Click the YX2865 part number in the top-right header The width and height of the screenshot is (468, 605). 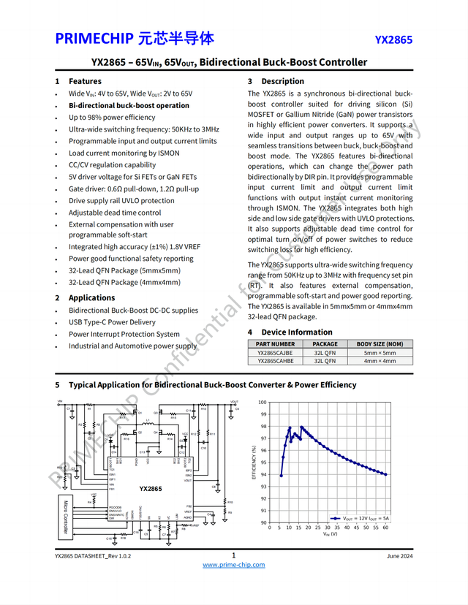393,39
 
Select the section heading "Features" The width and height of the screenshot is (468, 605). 85,81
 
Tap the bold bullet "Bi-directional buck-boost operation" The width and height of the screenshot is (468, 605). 129,105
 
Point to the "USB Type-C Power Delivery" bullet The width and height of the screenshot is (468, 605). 112,322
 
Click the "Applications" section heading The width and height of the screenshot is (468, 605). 91,297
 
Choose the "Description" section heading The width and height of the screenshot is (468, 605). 282,81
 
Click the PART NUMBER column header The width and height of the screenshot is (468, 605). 275,344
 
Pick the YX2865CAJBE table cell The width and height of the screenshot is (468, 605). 275,352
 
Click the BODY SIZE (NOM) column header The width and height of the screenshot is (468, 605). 380,344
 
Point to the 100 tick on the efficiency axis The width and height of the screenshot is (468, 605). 263,403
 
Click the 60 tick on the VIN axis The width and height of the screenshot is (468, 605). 385,528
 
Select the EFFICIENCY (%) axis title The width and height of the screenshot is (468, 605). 254,463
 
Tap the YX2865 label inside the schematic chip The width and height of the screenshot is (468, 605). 151,488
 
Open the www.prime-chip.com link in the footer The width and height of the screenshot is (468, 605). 233,565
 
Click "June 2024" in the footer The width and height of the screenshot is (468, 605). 399,557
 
